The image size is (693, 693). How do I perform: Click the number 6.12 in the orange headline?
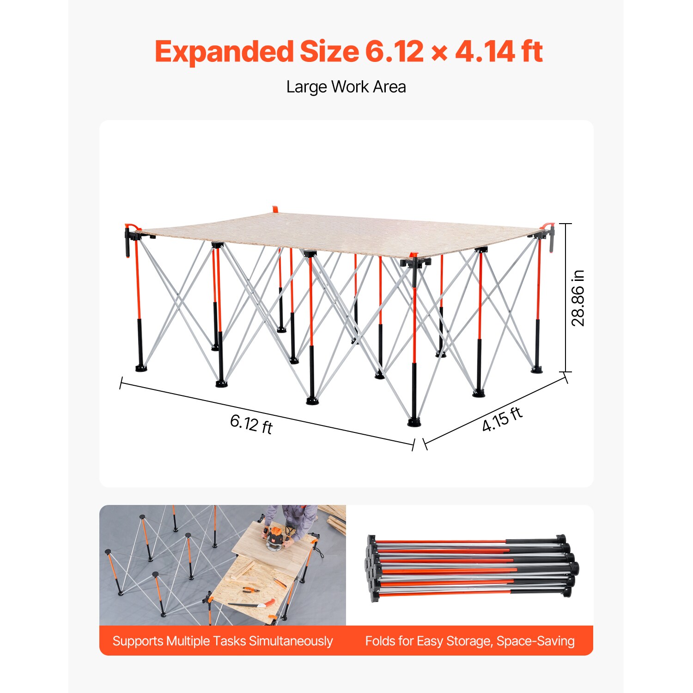[394, 51]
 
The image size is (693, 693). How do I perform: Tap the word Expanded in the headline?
[224, 52]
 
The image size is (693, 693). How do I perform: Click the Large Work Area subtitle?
[346, 87]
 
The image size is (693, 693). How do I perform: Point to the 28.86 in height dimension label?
[578, 298]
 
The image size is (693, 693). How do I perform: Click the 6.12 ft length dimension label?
[251, 423]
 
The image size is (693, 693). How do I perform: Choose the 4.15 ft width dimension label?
[502, 419]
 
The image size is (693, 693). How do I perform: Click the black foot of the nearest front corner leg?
[414, 422]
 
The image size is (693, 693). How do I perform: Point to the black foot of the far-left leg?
[141, 368]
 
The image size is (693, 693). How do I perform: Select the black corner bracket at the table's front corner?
[415, 263]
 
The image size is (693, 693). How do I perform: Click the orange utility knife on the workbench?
[280, 582]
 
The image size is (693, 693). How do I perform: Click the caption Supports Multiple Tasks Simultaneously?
[223, 641]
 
